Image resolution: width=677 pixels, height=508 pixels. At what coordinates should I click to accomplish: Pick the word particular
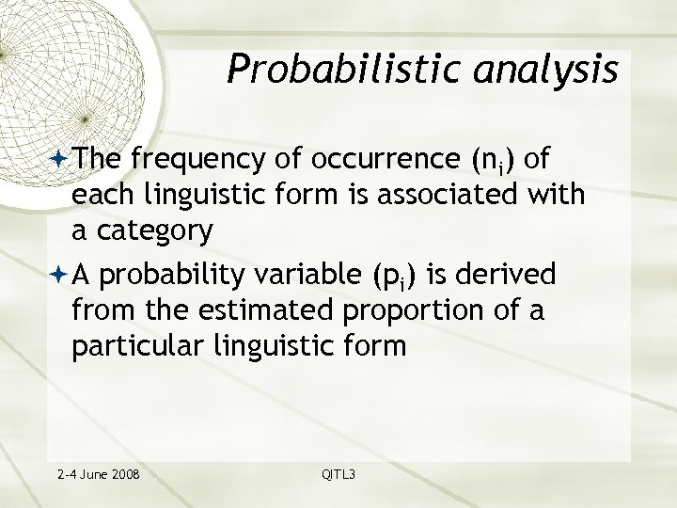134,345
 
